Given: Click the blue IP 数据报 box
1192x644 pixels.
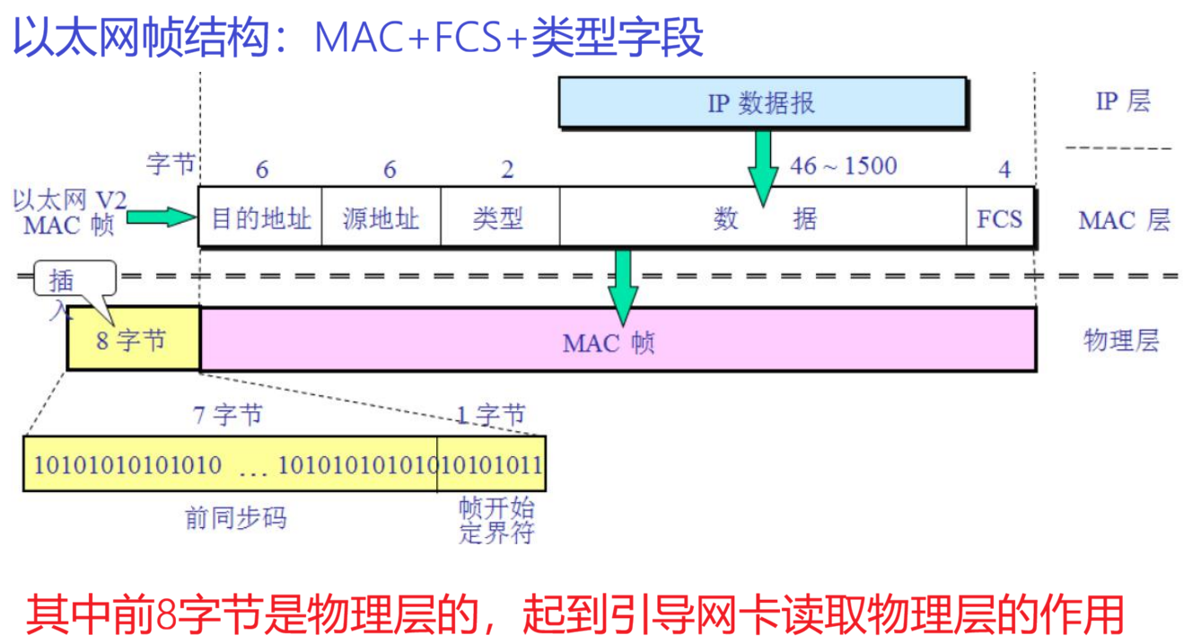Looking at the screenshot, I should point(761,101).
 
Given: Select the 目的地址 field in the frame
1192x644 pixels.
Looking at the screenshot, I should point(260,217).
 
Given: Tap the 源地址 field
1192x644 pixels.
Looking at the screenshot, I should point(381,217).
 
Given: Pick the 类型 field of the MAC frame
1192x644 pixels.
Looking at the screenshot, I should point(499,217).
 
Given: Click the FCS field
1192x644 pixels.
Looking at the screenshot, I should point(999,217).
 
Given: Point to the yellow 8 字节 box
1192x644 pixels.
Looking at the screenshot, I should point(133,340).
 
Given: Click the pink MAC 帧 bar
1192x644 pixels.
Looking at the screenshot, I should point(618,340).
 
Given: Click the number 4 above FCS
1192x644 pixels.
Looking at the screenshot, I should point(1004,170).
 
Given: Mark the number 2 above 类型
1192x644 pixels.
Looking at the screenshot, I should point(507,170).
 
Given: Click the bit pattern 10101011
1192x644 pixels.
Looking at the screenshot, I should point(492,464).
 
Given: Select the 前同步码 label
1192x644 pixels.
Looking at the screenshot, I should point(235,518).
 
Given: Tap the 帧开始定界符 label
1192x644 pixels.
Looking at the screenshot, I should point(496,520).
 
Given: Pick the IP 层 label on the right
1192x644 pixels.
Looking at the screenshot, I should point(1122,101).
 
